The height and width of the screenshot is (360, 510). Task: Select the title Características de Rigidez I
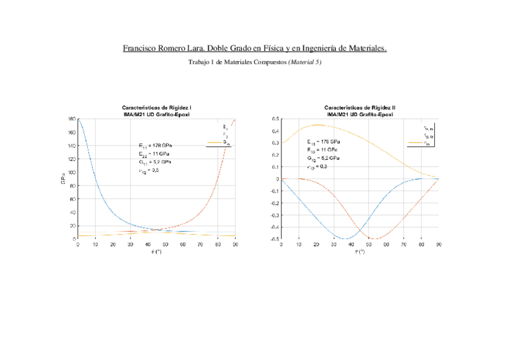[156, 108]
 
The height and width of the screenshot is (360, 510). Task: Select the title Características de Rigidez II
[360, 108]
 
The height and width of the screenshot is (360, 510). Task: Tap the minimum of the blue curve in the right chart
[347, 239]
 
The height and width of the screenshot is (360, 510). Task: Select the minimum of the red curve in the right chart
[375, 239]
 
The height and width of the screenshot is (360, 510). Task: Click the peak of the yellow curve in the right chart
[317, 125]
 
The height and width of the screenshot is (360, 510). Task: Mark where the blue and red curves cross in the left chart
[156, 230]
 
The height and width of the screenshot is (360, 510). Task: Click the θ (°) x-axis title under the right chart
[360, 251]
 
